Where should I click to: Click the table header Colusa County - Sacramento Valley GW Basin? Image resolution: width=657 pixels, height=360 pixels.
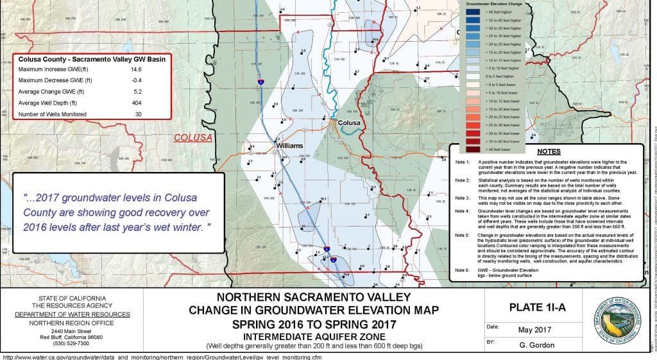pos(92,58)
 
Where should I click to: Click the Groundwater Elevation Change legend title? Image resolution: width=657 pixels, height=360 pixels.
pos(492,3)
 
